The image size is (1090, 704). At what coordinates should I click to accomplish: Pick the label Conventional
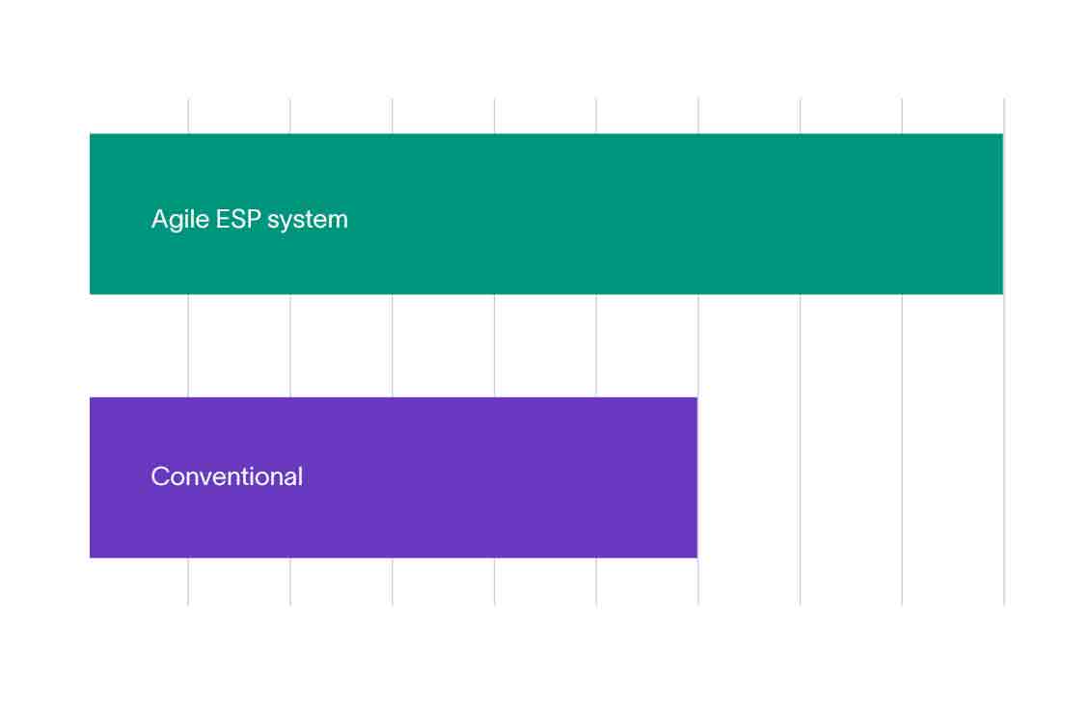click(227, 476)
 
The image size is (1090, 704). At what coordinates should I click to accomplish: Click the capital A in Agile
click(160, 220)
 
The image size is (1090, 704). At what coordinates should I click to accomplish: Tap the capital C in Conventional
click(160, 476)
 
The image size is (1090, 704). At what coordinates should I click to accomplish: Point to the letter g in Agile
click(177, 223)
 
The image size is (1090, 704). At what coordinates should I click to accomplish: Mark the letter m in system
click(337, 221)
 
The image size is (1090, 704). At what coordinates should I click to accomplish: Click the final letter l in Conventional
click(299, 475)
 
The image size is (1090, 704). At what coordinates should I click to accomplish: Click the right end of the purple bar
click(695, 477)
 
